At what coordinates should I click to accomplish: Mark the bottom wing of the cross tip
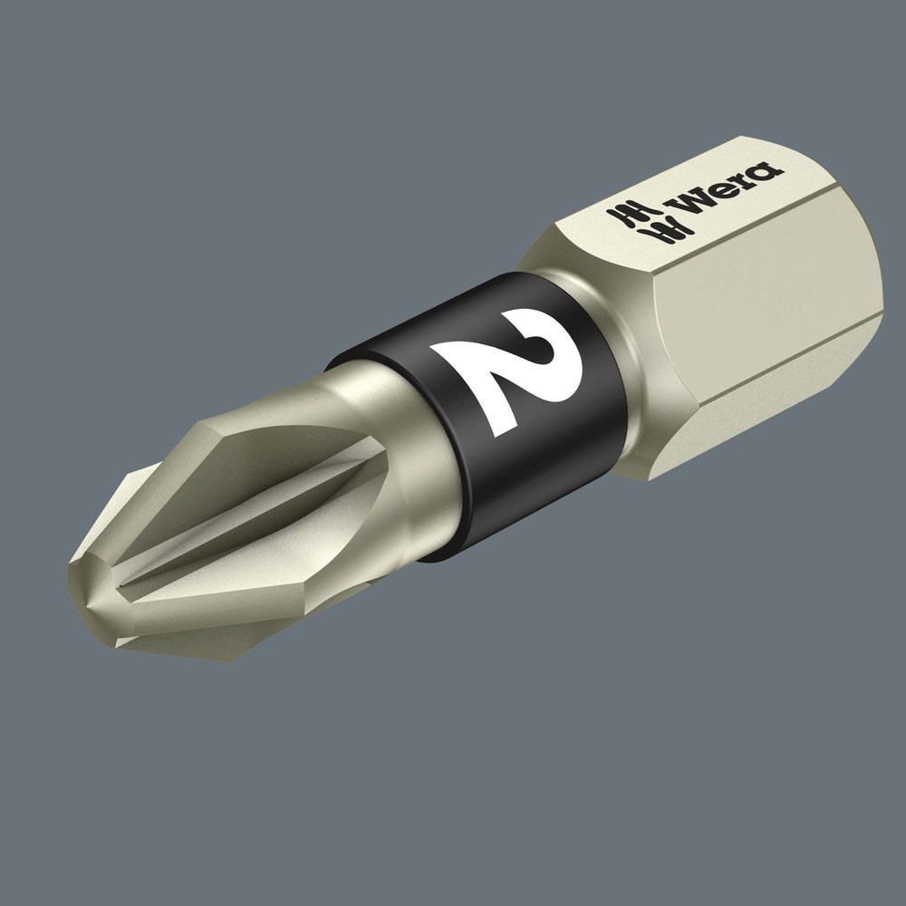coord(181,634)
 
